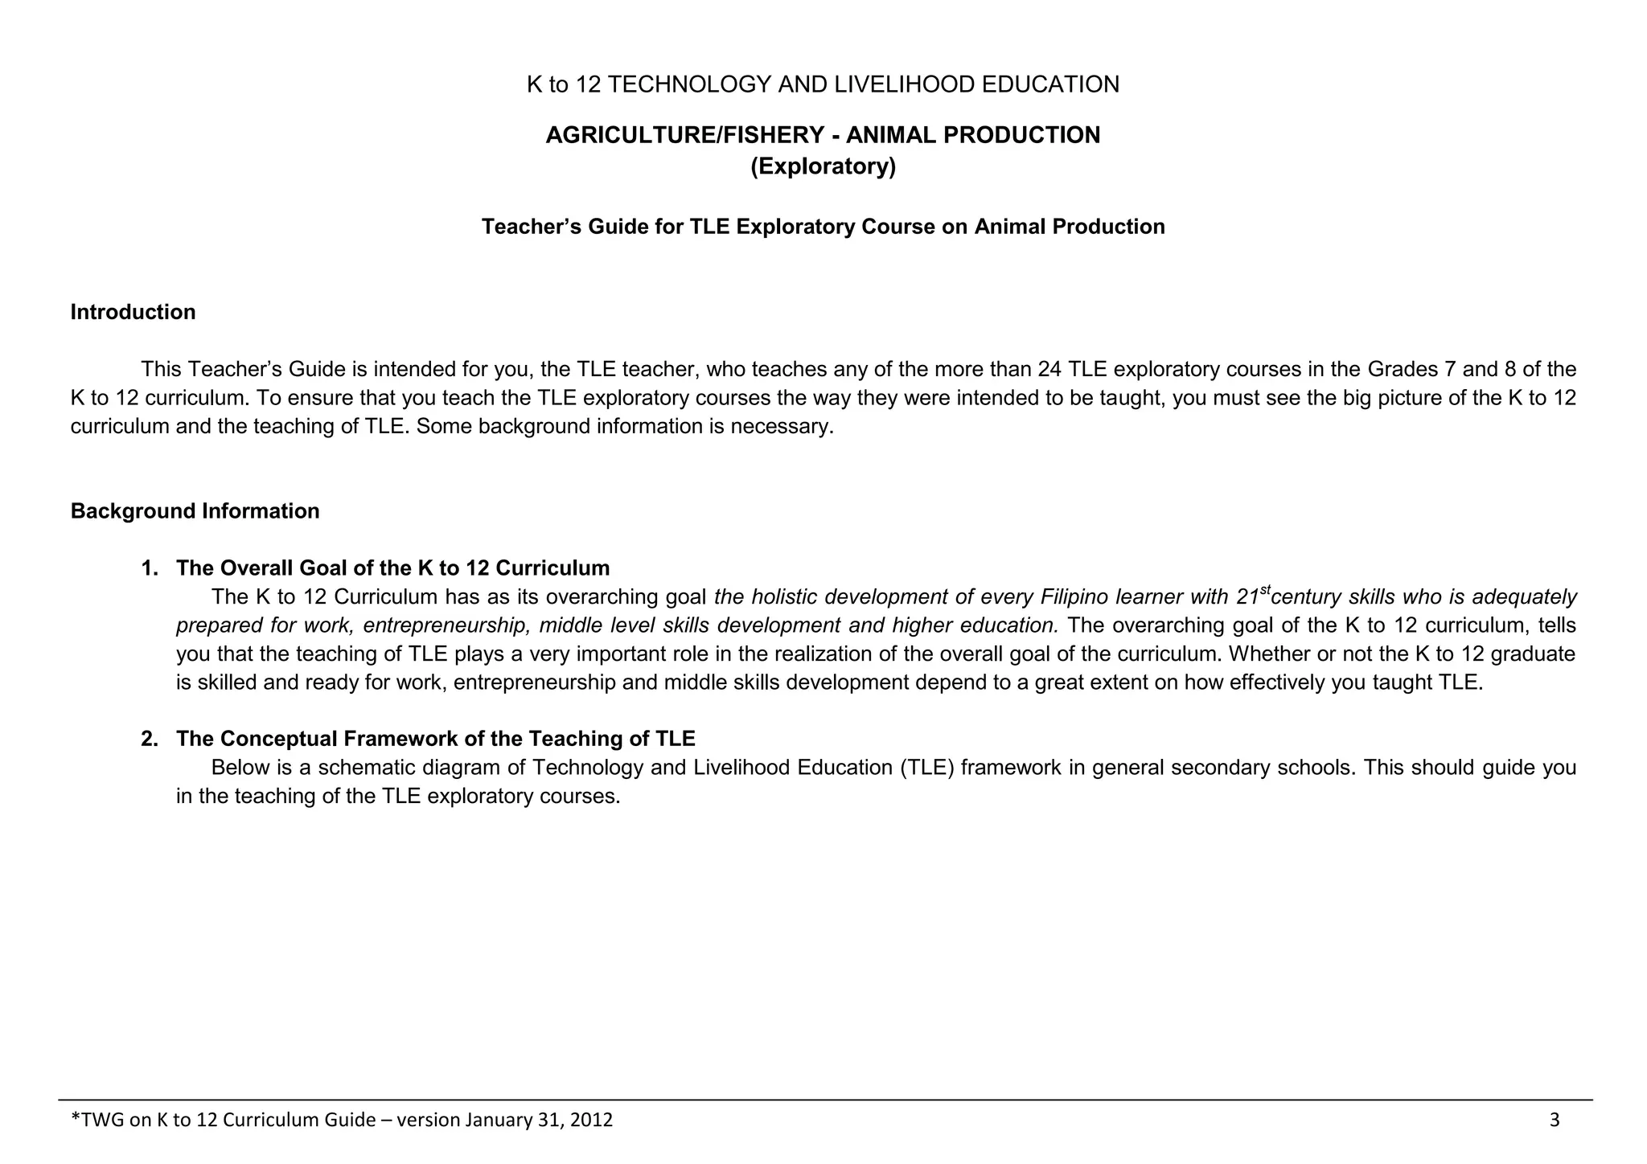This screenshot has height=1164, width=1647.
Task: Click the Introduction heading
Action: coord(133,312)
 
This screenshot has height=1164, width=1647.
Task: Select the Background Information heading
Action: coord(195,511)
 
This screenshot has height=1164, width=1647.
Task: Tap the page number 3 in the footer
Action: coord(1555,1120)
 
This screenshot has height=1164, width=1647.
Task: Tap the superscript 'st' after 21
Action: coord(1265,591)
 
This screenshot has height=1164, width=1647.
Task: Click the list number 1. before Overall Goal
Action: coord(150,568)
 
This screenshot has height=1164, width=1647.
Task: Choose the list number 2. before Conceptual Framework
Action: coord(150,739)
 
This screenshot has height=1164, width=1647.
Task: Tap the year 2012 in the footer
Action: coord(591,1120)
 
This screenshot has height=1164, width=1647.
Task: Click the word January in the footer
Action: coord(494,1120)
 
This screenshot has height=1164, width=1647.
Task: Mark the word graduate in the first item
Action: coord(1533,654)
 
